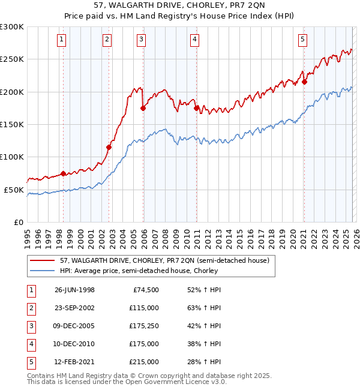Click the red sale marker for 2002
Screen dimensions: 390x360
point(109,147)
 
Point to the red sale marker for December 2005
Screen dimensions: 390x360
point(143,108)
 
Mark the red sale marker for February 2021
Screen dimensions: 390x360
point(304,82)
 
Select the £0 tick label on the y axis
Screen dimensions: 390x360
point(19,222)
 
